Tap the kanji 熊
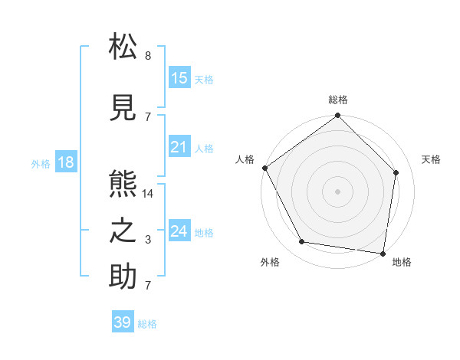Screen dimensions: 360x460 pos(123,184)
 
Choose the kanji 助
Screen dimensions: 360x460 pos(123,277)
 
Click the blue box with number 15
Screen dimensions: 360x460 pos(179,78)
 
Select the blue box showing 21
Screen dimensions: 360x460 pos(179,147)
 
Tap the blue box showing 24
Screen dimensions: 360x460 pos(179,231)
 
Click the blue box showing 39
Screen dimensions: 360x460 pos(122,322)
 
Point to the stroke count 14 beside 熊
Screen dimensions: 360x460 pos(148,194)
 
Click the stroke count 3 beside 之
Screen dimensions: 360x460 pos(148,240)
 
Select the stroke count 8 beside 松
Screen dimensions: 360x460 pos(148,56)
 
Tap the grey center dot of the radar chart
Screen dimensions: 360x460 pos(337,191)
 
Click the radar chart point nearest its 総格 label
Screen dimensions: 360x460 pos(337,116)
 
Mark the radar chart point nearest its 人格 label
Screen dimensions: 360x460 pos(264,168)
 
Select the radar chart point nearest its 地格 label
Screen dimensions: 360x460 pos(383,253)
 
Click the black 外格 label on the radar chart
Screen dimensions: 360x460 pos(270,262)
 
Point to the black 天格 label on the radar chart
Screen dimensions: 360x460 pos(432,159)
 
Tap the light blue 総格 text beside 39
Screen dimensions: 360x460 pos(147,324)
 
